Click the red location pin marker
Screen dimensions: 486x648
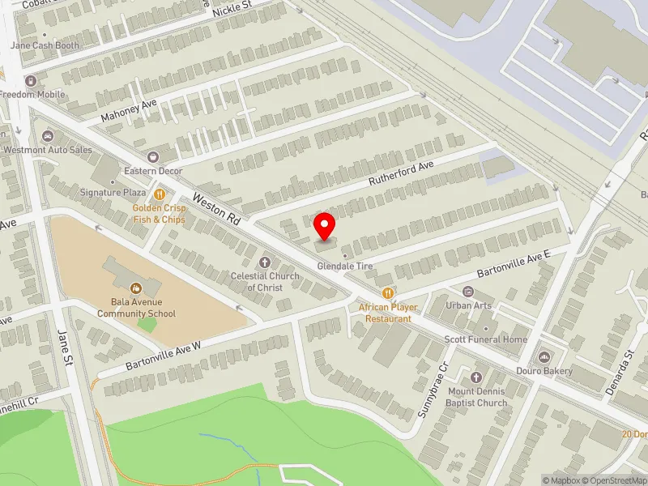(325, 226)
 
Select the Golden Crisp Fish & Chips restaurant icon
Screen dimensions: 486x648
(160, 194)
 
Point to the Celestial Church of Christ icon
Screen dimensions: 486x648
(264, 262)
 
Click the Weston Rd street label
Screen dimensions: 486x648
(216, 208)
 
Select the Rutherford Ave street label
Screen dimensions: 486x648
(403, 171)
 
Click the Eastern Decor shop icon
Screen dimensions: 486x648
(152, 156)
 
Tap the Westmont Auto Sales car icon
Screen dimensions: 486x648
(47, 135)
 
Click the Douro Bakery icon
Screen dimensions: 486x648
(544, 357)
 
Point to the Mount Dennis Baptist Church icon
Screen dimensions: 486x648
(476, 378)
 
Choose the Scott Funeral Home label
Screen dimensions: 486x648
(485, 339)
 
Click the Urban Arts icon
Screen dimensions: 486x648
(467, 292)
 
